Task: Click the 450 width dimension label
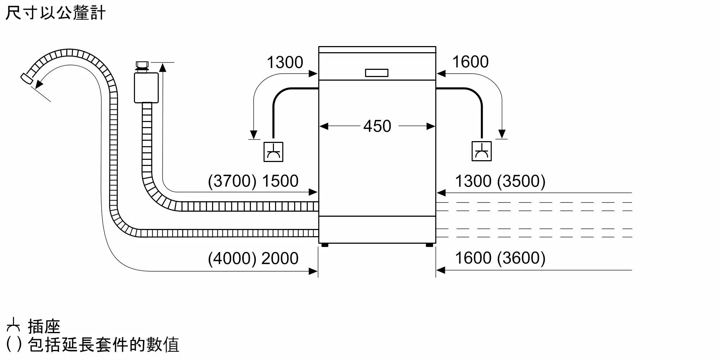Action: (377, 126)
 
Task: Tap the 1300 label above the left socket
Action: (285, 62)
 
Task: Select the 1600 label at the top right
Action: (470, 62)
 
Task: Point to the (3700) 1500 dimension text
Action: (253, 181)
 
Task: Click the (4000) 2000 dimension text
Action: (253, 258)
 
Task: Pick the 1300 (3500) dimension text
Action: (500, 181)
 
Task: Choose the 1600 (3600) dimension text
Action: (500, 258)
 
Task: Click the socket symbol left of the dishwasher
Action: (273, 152)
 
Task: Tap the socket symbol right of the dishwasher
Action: (481, 151)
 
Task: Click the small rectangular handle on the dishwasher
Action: (377, 73)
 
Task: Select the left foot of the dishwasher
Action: (325, 245)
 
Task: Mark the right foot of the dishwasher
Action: (429, 245)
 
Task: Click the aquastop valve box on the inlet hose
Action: (146, 87)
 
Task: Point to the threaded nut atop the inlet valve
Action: (142, 66)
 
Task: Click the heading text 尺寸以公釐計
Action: (55, 13)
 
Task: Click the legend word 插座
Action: (44, 327)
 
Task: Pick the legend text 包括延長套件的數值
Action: (103, 345)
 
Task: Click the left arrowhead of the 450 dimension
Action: (324, 126)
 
